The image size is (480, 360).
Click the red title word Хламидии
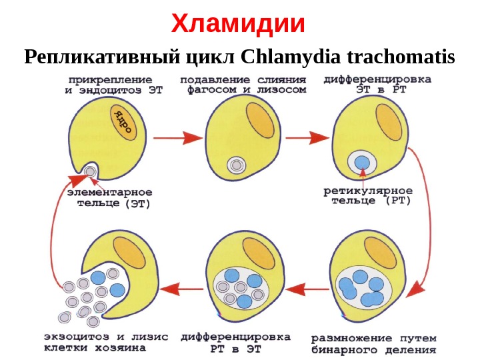click(238, 24)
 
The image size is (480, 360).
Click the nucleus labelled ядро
click(123, 121)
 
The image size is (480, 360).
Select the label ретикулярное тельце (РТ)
click(367, 195)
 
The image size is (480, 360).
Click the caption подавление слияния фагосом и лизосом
click(243, 84)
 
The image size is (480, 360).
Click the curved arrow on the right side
click(421, 220)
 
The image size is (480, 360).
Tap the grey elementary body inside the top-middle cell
click(235, 164)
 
